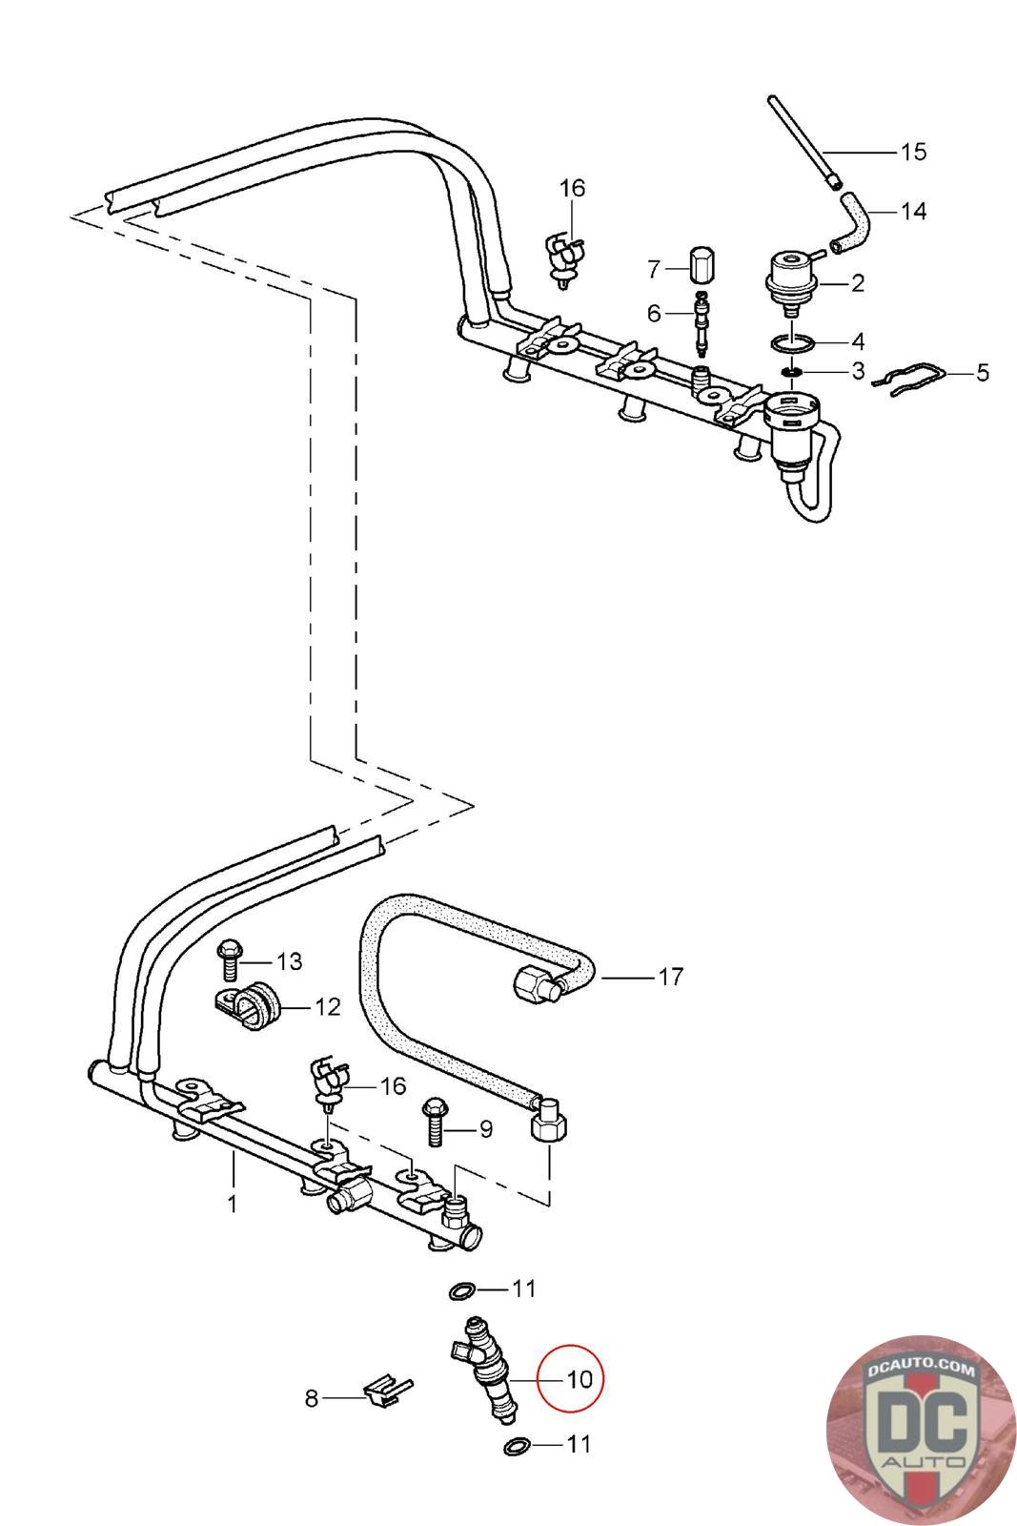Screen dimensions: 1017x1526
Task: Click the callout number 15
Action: [x=913, y=152]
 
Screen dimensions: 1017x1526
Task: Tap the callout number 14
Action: [x=913, y=211]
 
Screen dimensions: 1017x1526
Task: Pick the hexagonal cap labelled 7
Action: [x=700, y=269]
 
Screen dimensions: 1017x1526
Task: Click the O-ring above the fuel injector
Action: [x=463, y=1289]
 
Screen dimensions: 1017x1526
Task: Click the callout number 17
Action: [x=670, y=978]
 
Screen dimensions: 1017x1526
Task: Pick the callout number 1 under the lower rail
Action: [x=233, y=1204]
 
